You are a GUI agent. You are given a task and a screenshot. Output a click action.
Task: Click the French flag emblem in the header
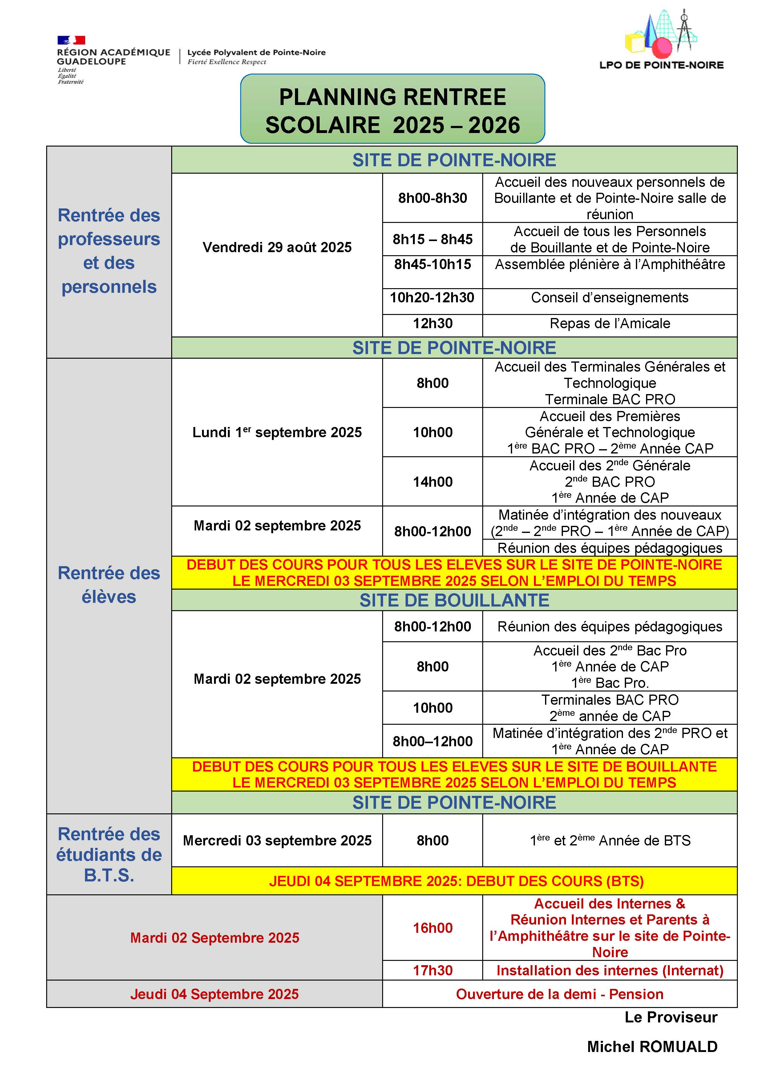click(71, 40)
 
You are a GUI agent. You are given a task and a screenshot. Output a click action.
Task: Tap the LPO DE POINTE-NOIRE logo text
click(661, 65)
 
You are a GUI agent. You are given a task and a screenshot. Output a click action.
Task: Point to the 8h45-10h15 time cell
click(432, 264)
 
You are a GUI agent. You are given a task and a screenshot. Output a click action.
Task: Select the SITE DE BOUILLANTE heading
click(454, 600)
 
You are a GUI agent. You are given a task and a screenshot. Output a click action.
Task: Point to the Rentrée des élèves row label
click(109, 585)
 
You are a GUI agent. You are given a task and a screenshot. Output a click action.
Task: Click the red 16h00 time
click(432, 928)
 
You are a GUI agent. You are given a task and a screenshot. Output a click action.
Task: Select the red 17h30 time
click(432, 970)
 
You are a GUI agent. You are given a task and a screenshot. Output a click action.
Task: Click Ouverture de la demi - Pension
click(559, 994)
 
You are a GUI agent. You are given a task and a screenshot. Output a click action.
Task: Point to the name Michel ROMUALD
click(652, 1047)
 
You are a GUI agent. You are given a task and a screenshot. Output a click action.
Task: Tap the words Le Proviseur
click(670, 1017)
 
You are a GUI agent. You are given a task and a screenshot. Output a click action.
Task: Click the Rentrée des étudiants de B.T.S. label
click(109, 855)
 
